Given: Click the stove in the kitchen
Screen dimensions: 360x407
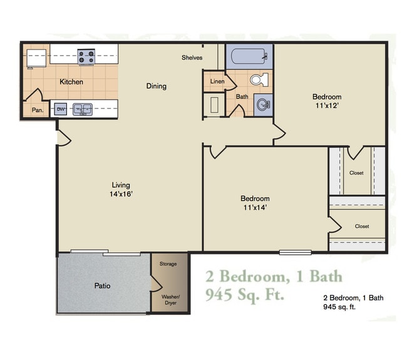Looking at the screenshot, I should coord(86,56).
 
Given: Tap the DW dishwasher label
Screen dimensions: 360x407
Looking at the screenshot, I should coord(61,110).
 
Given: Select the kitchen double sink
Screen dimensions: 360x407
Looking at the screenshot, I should coord(82,110).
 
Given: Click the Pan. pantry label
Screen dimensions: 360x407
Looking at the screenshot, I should coord(36,110).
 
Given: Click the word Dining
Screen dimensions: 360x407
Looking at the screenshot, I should coord(156,86).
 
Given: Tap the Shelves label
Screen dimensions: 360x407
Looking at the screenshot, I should coord(192,58).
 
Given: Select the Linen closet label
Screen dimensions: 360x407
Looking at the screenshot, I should coord(217,81).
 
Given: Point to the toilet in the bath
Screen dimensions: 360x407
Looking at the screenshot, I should coord(259,80).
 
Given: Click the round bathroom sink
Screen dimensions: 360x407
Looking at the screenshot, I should coord(263,105).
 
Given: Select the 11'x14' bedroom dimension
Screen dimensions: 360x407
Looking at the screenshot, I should coord(255,208).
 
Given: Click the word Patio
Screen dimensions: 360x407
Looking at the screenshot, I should coord(103,285).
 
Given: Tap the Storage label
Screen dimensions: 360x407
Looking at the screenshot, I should coord(168,264).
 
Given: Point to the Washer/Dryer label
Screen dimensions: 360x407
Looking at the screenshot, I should coord(170,299).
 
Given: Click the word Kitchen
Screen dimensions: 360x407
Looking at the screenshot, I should coord(71,82).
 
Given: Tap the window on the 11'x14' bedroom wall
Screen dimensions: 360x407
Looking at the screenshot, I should coord(295,252).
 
